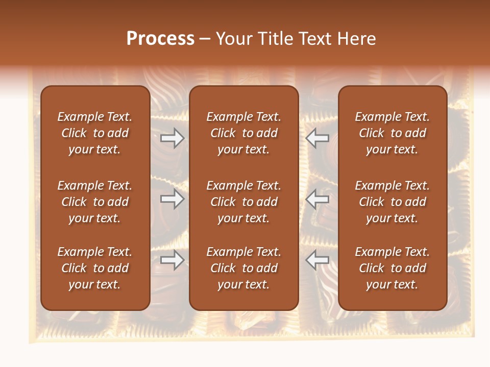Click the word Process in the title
point(160,39)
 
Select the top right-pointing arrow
point(172,138)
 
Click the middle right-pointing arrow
point(172,199)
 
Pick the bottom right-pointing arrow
point(172,260)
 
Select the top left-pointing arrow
point(317,138)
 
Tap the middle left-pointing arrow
point(317,199)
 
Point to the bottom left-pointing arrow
point(317,260)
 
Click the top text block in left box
point(95,133)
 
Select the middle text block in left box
point(95,202)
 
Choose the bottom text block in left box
point(95,268)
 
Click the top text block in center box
point(243,133)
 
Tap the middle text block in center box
point(243,202)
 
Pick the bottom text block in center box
point(243,268)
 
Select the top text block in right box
point(392,133)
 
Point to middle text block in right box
point(392,202)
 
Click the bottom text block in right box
point(392,268)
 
